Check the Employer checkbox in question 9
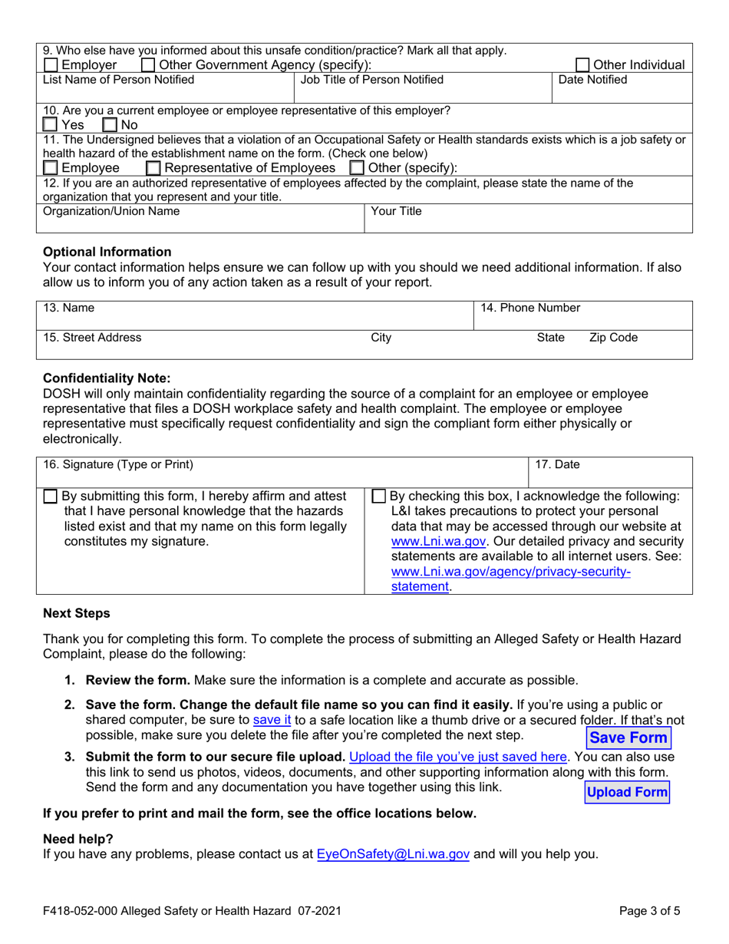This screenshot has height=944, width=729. pyautogui.click(x=51, y=65)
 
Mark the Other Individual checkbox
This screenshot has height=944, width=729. pyautogui.click(x=584, y=65)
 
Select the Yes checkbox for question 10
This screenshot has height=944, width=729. pyautogui.click(x=51, y=124)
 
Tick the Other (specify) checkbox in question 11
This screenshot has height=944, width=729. pyautogui.click(x=357, y=167)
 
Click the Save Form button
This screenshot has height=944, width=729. pyautogui.click(x=628, y=738)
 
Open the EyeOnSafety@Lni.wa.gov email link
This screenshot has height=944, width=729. pyautogui.click(x=393, y=853)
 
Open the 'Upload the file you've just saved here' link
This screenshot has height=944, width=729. pyautogui.click(x=458, y=756)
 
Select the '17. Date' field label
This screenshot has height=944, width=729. pyautogui.click(x=556, y=464)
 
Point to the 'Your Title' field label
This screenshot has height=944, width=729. pyautogui.click(x=396, y=210)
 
